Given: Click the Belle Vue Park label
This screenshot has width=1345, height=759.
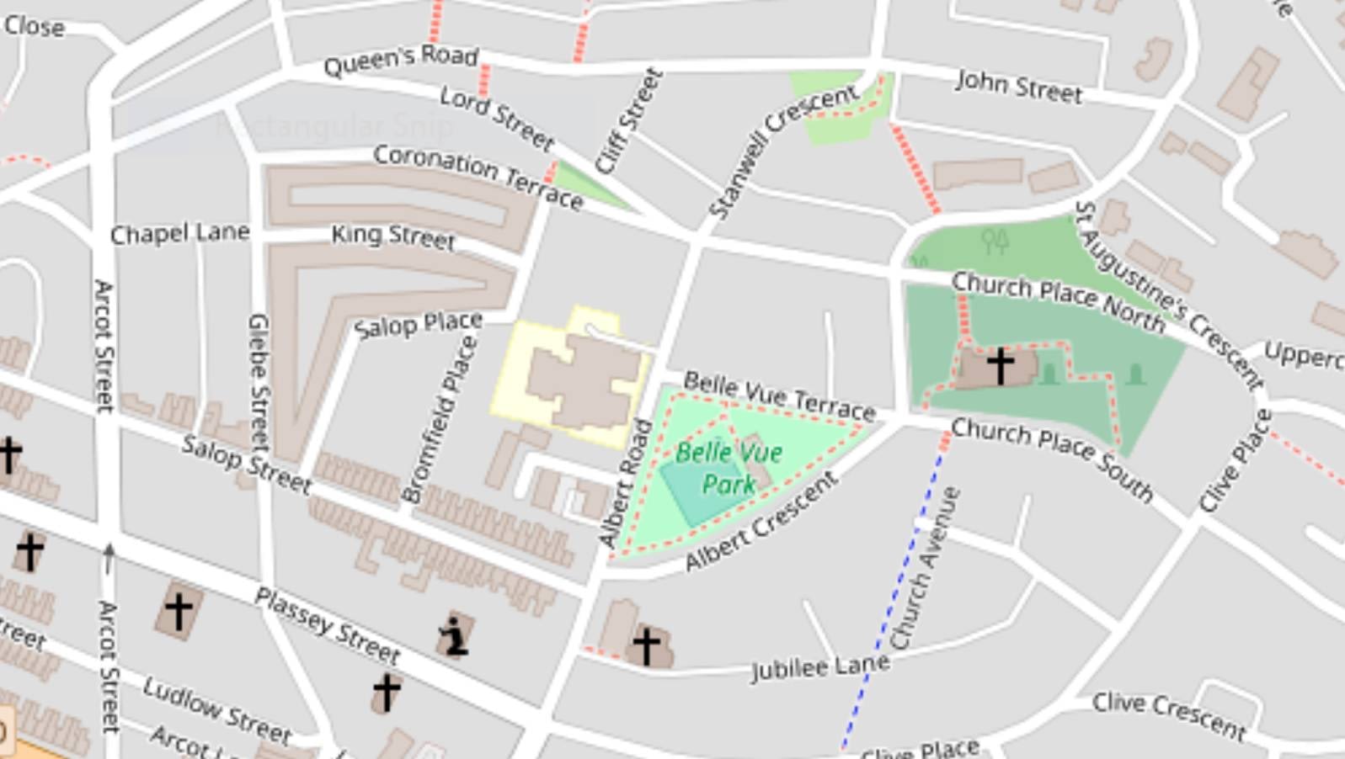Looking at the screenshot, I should point(729,468).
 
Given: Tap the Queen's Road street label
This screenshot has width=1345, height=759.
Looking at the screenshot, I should point(401,60).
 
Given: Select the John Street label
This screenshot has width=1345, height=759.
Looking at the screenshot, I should point(1019,86).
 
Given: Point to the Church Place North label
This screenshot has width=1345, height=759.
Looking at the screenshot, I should point(1058,299).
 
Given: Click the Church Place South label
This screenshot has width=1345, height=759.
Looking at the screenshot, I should point(1052,459).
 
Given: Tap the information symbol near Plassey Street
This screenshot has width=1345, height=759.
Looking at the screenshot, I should point(454,636).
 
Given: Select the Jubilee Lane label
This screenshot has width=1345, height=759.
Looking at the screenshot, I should point(819,667).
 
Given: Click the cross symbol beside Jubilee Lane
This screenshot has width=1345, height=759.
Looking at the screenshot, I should point(646,646).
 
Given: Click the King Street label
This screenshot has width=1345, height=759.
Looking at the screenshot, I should point(392,236).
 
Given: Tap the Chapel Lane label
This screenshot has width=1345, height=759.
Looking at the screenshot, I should point(179,233).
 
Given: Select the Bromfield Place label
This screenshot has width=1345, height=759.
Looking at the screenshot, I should point(440,418).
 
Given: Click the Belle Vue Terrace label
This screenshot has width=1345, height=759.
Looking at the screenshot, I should point(779,395).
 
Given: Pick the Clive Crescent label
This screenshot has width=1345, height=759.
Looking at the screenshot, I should point(1168,715).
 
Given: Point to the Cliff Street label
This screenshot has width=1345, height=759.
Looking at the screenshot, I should point(628,121).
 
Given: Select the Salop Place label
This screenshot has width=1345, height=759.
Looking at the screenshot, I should point(418,325).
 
